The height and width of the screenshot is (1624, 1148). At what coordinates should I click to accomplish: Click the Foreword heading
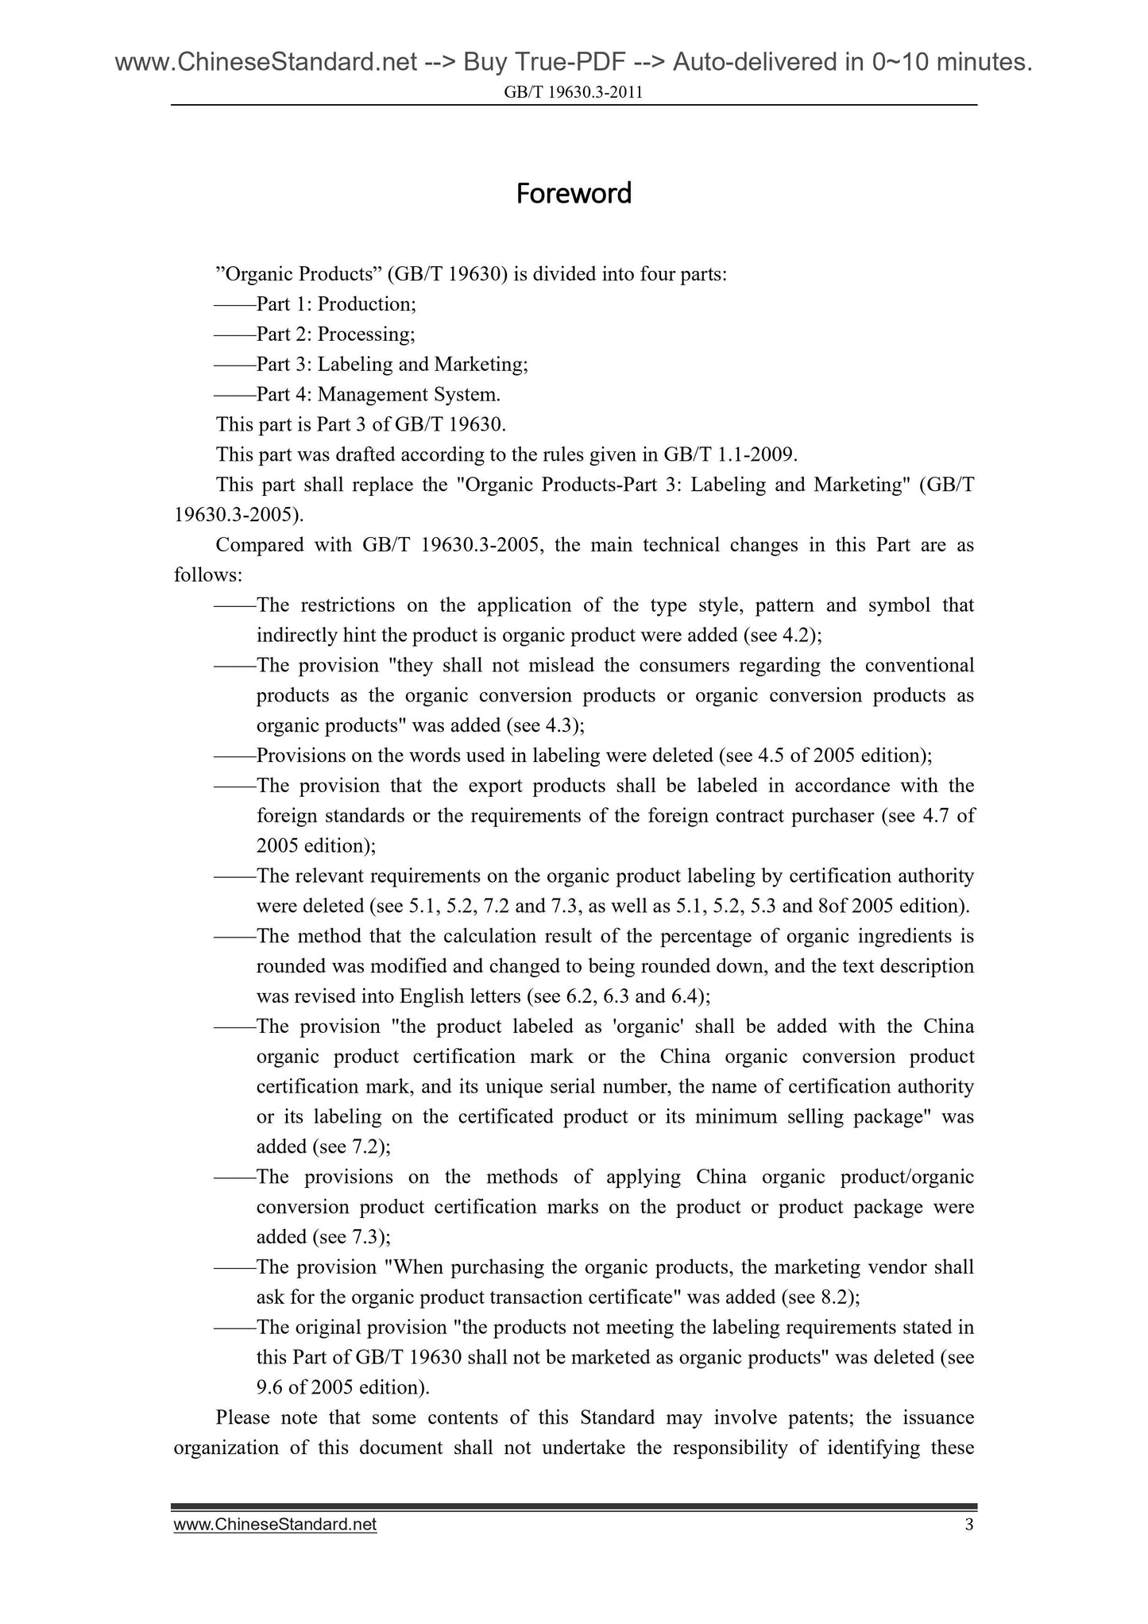(574, 193)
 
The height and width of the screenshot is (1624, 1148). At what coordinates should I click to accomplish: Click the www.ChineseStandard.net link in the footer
(275, 1525)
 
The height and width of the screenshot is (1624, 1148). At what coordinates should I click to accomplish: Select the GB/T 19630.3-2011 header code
(574, 93)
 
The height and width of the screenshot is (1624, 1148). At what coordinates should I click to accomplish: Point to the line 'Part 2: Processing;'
(334, 334)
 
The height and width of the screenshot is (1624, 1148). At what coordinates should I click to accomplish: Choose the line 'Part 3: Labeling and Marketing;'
(391, 365)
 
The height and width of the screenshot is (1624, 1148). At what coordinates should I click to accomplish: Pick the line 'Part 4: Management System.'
(378, 395)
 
